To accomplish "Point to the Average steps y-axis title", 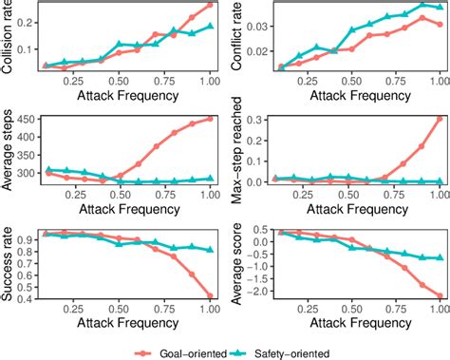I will [x=9, y=152].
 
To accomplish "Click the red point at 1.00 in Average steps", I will [x=209, y=119].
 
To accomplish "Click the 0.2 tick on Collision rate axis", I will [x=29, y=21].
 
